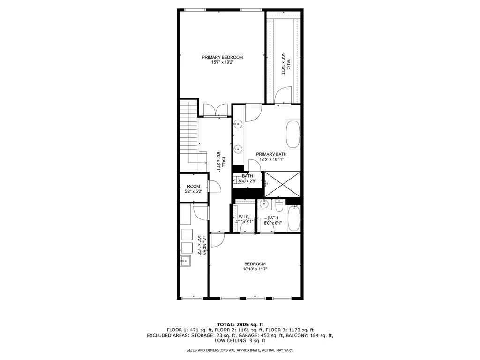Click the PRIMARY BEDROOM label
(222, 57)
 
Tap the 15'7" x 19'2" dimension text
(222, 62)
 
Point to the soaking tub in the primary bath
(292, 134)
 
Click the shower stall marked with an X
(283, 185)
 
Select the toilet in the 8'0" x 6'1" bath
(279, 205)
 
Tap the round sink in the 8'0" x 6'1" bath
(264, 204)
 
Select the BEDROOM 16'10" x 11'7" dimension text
(255, 269)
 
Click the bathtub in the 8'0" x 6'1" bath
(293, 218)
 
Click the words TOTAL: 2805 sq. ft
(240, 324)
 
